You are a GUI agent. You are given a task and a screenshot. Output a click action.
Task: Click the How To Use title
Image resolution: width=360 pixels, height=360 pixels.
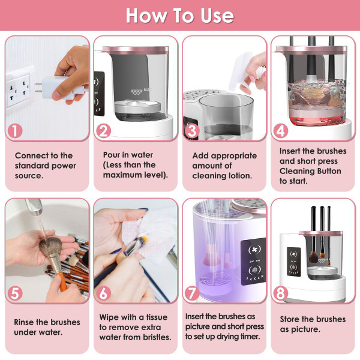pyautogui.click(x=179, y=15)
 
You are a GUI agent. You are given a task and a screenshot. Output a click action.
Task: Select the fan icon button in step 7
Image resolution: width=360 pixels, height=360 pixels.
pyautogui.click(x=251, y=250)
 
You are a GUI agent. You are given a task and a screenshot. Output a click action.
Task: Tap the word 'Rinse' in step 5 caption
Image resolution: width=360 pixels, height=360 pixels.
pyautogui.click(x=26, y=322)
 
